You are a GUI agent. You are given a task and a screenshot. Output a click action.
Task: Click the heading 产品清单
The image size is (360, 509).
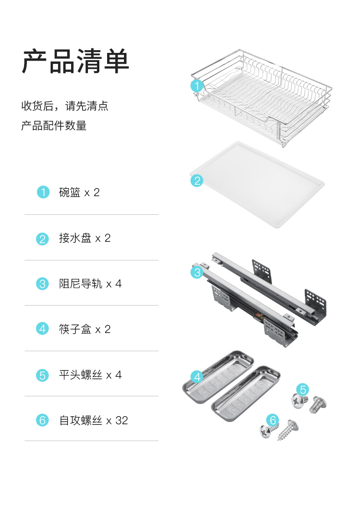point(76,62)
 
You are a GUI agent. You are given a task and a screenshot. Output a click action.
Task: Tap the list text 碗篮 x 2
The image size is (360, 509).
point(79,192)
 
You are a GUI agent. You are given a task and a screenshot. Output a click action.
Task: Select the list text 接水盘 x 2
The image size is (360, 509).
point(85,238)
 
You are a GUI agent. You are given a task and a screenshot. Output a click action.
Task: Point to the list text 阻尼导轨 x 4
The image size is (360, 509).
point(90,284)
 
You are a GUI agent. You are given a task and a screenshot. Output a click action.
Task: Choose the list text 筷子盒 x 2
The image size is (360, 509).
point(85,329)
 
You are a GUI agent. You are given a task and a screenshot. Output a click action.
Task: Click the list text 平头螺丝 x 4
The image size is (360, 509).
point(90,375)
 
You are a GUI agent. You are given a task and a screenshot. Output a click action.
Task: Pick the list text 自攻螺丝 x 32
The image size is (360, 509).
point(93,421)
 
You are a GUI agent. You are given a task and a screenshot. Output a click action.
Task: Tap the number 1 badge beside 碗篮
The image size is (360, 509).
point(43,192)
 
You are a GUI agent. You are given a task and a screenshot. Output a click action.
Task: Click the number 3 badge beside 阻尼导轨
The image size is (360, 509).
point(42,284)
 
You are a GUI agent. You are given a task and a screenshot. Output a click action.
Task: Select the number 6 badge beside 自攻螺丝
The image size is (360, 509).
point(42,420)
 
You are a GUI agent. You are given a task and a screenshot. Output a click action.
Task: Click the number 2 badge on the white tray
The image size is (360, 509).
point(197,181)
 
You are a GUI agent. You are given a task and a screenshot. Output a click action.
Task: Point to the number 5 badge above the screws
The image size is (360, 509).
point(303,389)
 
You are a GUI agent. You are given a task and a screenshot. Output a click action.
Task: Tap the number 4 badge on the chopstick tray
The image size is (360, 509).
point(197,377)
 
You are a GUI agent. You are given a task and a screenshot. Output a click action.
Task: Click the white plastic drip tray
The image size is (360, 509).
point(257,184)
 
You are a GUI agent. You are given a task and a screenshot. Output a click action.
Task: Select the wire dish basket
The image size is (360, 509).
point(262,98)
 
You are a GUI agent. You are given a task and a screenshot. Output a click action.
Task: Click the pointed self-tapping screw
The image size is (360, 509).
point(288,430)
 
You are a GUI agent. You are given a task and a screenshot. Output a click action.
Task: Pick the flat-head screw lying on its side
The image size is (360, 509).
point(318,405)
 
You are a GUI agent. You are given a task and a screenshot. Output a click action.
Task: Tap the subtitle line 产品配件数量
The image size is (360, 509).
point(54,125)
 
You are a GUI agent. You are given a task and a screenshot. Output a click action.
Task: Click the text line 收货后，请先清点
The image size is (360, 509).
point(65,106)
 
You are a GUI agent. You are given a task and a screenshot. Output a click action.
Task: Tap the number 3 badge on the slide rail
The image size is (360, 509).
point(197,272)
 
